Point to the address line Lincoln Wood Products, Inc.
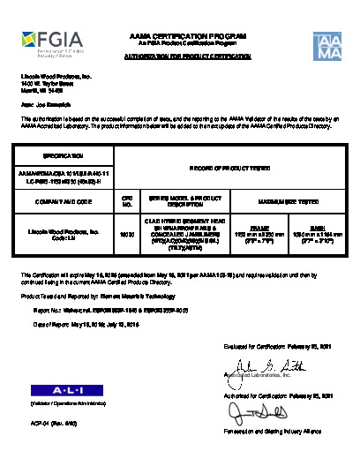pyautogui.click(x=56, y=78)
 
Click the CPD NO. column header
pyautogui.click(x=125, y=201)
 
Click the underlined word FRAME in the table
pyautogui.click(x=247, y=227)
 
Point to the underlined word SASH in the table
pyautogui.click(x=315, y=227)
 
